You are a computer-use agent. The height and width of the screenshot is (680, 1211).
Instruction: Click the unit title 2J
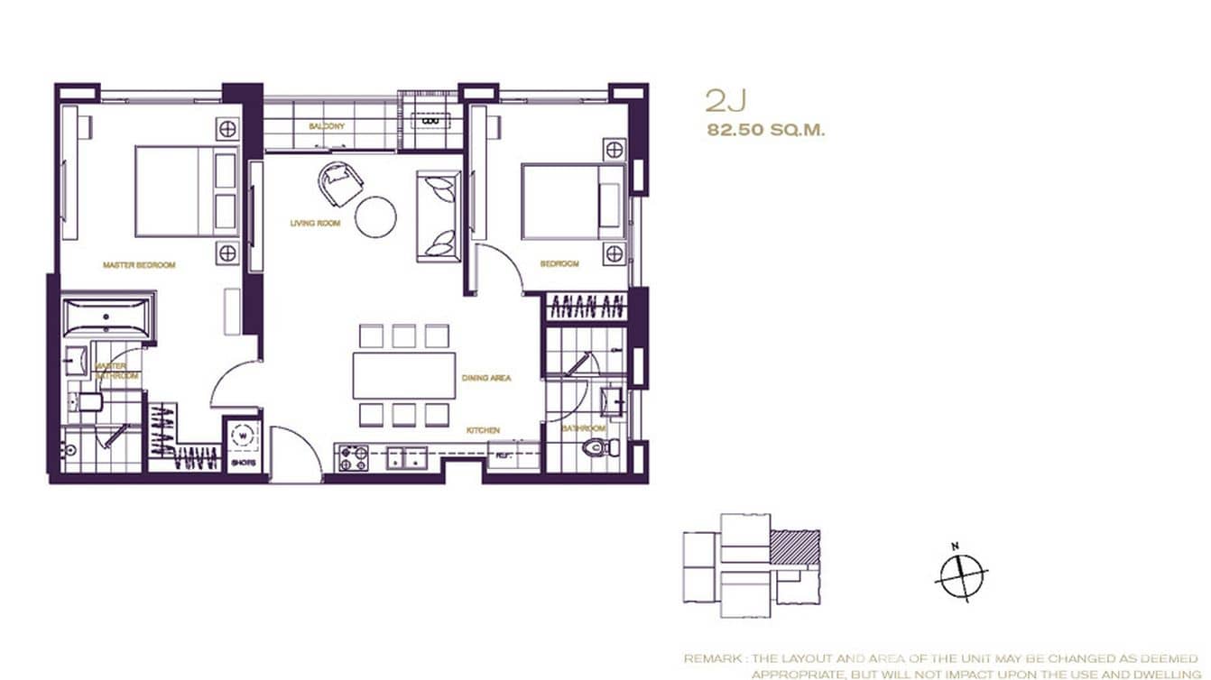[724, 99]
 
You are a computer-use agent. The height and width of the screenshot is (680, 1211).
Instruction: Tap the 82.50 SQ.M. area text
[767, 130]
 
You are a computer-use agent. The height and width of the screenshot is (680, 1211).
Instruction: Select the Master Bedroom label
[139, 265]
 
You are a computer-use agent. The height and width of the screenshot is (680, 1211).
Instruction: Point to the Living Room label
[315, 223]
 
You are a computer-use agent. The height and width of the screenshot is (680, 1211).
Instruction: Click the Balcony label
[327, 126]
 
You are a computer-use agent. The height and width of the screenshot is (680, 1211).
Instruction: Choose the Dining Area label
[486, 378]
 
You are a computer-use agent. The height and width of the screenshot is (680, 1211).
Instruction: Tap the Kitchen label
[483, 431]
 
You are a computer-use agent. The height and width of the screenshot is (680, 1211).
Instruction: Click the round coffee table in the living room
[375, 216]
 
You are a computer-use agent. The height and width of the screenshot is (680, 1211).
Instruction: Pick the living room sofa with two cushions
[439, 216]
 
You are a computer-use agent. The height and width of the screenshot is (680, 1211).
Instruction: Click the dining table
[403, 375]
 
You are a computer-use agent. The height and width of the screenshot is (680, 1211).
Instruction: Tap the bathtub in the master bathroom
[108, 318]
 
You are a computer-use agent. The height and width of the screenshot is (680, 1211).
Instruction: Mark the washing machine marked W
[242, 436]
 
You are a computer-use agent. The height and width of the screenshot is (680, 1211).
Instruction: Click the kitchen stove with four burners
[354, 458]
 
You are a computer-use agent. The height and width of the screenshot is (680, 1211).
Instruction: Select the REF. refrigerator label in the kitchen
[503, 455]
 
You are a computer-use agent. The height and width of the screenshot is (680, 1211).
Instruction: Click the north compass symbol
[962, 574]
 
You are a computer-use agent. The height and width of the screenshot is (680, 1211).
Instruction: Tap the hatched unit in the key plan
[794, 547]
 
